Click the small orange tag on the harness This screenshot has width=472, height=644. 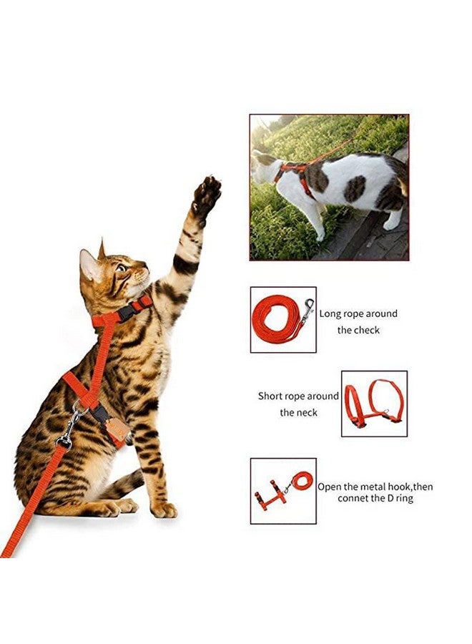click(x=117, y=429)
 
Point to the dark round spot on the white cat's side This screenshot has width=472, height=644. click(x=355, y=189)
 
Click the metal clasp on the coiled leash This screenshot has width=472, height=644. click(x=308, y=308)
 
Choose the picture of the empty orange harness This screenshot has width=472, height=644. click(x=374, y=404)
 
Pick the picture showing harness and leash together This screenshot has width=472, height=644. click(x=282, y=490)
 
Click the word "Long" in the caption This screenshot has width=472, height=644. click(x=331, y=313)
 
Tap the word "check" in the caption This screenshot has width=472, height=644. click(x=367, y=330)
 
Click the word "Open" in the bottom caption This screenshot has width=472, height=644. click(x=330, y=487)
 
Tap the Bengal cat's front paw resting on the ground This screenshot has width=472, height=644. click(x=164, y=509)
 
